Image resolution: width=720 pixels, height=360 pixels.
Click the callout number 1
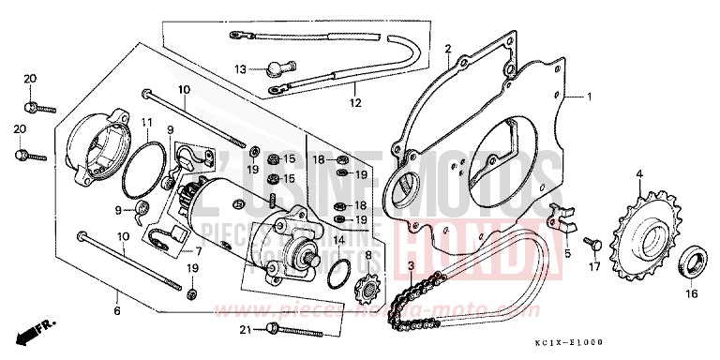coord(589,96)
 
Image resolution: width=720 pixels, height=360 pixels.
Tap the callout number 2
coord(448,49)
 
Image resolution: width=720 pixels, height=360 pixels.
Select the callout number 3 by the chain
coord(411,267)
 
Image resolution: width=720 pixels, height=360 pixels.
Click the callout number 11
coord(147,123)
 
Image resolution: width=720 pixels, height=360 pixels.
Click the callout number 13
coord(240,68)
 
